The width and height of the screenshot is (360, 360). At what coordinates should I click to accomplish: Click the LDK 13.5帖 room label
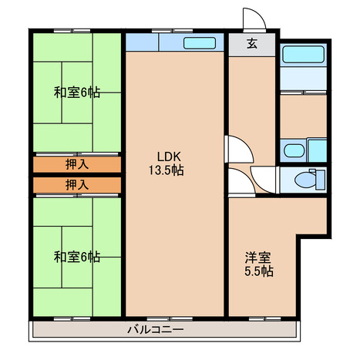(167, 163)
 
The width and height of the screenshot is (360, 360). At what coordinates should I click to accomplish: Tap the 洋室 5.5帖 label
(258, 264)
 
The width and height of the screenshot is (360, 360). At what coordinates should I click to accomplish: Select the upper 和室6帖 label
(77, 93)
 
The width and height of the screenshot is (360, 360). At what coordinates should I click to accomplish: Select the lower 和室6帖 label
(77, 257)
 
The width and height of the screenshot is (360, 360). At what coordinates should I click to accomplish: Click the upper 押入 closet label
(77, 164)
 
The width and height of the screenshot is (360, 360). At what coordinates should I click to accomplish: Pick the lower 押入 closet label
(77, 185)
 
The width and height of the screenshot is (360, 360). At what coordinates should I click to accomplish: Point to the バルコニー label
(156, 329)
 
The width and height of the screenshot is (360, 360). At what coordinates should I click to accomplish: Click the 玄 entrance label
(252, 44)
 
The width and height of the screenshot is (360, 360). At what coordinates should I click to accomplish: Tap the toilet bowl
(305, 180)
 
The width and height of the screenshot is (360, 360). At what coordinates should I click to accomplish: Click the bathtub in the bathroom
(303, 54)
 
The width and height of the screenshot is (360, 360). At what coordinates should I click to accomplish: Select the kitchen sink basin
(200, 43)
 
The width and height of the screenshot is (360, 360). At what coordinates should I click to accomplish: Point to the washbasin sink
(294, 150)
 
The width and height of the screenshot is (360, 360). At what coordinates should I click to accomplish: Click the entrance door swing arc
(260, 15)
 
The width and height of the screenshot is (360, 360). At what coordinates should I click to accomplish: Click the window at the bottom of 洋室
(264, 319)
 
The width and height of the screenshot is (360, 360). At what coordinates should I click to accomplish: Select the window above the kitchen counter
(172, 31)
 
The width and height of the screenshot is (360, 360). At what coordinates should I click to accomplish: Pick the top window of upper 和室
(72, 31)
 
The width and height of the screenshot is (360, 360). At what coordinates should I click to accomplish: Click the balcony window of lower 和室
(72, 319)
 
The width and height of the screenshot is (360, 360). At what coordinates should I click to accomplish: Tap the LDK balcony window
(170, 319)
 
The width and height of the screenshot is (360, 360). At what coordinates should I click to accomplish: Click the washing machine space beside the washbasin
(317, 150)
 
